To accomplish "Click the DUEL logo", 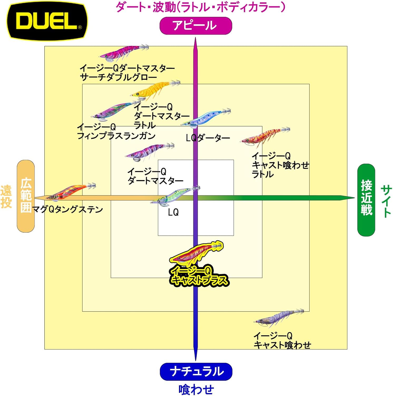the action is click(47, 21).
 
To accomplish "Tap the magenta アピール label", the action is click(196, 26).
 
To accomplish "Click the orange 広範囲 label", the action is click(26, 196).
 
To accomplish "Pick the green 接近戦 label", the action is click(366, 200).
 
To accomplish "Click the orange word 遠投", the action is click(6, 197).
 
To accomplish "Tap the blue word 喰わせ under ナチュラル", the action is click(196, 389).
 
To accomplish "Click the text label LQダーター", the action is click(208, 138).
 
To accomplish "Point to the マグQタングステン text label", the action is click(67, 209).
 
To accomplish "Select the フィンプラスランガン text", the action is click(116, 136).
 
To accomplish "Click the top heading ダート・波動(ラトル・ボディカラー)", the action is click(200, 7).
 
